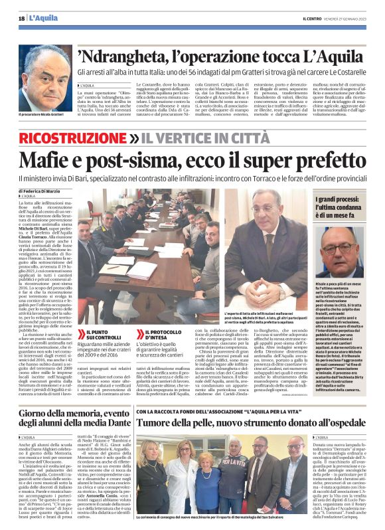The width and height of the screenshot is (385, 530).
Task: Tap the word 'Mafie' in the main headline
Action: (46, 161)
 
